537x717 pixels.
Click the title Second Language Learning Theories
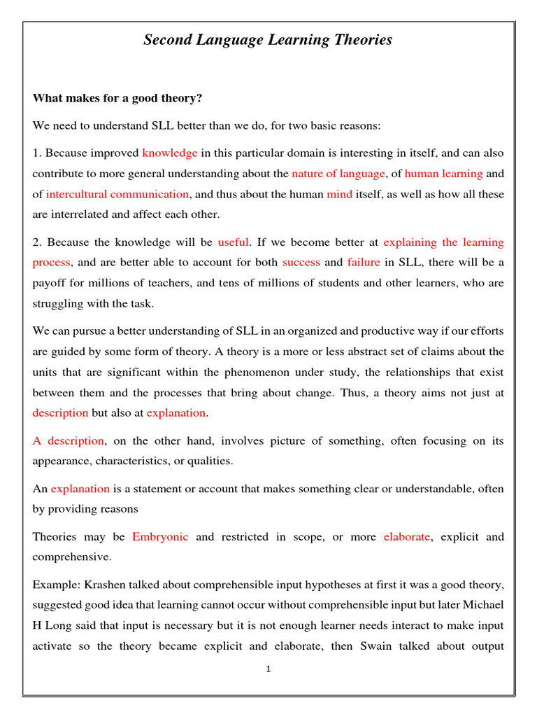[x=268, y=40]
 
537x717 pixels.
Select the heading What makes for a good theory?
[x=117, y=98]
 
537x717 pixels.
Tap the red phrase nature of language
[x=338, y=173]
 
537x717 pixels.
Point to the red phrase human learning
[x=443, y=173]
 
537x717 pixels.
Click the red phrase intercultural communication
[x=117, y=194]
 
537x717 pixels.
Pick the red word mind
[x=339, y=194]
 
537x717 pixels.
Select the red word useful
[x=234, y=242]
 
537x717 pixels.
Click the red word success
[x=301, y=263]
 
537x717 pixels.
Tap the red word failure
[x=364, y=263]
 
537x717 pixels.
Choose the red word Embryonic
[x=160, y=537]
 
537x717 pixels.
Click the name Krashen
[x=106, y=585]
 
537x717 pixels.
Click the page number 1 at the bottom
[x=268, y=669]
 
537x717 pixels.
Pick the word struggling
[x=59, y=303]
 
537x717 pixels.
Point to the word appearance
[x=62, y=461]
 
